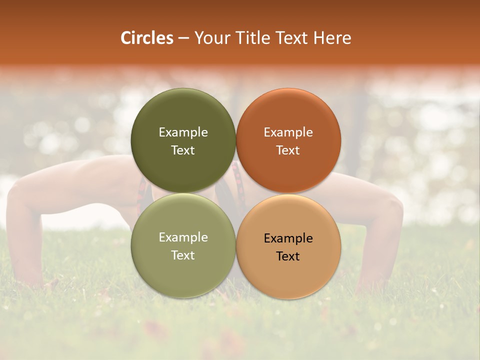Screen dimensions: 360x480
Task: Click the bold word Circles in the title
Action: pyautogui.click(x=146, y=38)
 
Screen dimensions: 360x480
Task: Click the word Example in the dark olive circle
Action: pyautogui.click(x=183, y=132)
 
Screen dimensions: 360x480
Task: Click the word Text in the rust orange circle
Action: pyautogui.click(x=288, y=150)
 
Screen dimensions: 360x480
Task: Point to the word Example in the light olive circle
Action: pyautogui.click(x=183, y=237)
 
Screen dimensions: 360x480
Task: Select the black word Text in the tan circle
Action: pyautogui.click(x=288, y=256)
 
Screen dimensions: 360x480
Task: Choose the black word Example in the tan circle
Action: pyautogui.click(x=288, y=238)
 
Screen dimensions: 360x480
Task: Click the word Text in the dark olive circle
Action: pyautogui.click(x=183, y=150)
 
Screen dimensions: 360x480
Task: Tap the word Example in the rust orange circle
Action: pyautogui.click(x=288, y=132)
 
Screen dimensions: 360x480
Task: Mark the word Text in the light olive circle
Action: pyautogui.click(x=183, y=255)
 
